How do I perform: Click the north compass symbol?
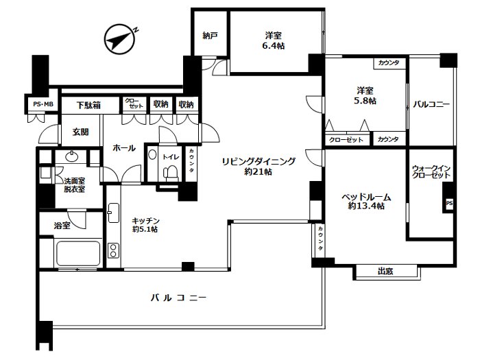coord(119,40)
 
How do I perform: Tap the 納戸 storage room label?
coord(210,36)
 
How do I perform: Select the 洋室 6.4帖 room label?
coord(274,40)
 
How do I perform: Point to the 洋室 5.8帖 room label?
coord(365,95)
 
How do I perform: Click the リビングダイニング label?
coord(259,161)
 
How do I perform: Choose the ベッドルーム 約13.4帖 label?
coord(366,201)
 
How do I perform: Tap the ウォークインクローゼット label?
coord(431,171)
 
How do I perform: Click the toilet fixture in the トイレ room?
coord(170,172)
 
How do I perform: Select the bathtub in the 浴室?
coord(77,254)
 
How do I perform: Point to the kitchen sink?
coord(113,213)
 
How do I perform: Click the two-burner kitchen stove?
coord(113,250)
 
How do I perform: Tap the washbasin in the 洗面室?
coord(72,157)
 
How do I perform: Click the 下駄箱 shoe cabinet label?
coord(88,106)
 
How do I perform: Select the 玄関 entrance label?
coord(80,132)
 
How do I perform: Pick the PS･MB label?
coord(43,104)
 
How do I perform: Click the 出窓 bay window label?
coord(385,272)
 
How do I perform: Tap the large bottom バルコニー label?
coord(178,298)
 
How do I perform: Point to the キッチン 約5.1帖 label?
coord(145,225)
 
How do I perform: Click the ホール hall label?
coord(124,148)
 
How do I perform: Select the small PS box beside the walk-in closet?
coord(449,203)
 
